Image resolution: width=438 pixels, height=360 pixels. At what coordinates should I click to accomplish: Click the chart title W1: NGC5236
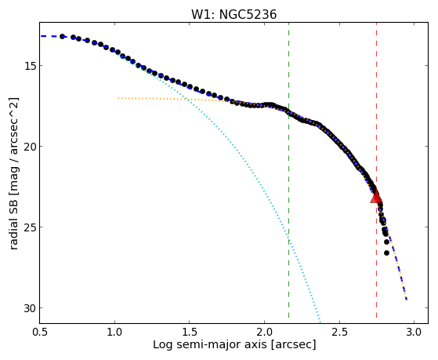pyautogui.click(x=233, y=14)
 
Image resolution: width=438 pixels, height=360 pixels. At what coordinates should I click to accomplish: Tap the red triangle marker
pyautogui.click(x=376, y=196)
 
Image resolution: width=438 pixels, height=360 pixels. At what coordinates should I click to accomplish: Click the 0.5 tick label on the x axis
pyautogui.click(x=40, y=332)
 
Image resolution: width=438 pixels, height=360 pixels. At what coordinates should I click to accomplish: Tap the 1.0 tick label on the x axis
pyautogui.click(x=114, y=332)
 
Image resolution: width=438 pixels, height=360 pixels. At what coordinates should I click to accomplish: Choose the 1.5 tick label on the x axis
pyautogui.click(x=190, y=332)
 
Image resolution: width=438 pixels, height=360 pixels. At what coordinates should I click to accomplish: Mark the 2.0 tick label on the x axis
pyautogui.click(x=264, y=332)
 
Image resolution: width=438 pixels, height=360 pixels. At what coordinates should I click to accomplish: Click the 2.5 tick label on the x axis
pyautogui.click(x=339, y=332)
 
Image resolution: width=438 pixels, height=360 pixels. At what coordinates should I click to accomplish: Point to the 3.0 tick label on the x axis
pyautogui.click(x=414, y=332)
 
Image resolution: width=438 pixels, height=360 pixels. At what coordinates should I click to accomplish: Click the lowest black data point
pyautogui.click(x=386, y=253)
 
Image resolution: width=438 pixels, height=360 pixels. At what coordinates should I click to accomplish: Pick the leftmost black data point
pyautogui.click(x=63, y=36)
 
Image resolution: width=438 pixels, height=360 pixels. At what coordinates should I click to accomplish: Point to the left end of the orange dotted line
pyautogui.click(x=118, y=98)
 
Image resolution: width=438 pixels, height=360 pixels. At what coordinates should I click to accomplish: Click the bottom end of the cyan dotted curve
pyautogui.click(x=320, y=321)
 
